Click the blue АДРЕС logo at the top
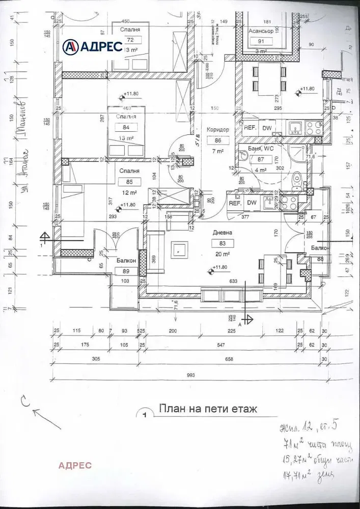92,47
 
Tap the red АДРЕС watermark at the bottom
75,465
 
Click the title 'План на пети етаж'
209,408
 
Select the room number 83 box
223,243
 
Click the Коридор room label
217,130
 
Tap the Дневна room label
223,233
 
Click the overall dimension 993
191,375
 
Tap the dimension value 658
230,359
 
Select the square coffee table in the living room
180,249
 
